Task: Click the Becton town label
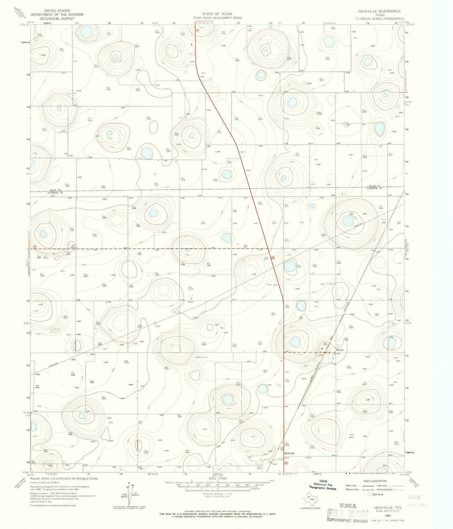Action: tap(340, 349)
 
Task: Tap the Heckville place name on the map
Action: tap(289, 453)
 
